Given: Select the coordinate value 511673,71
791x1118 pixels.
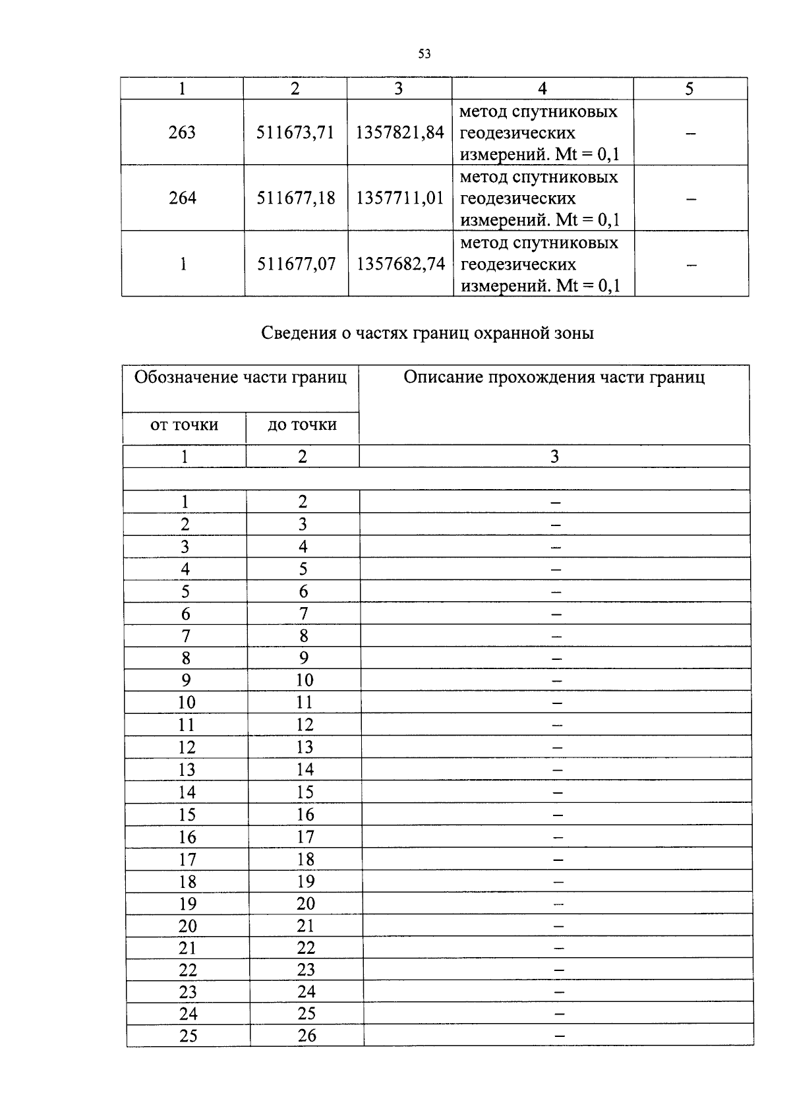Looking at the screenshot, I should (295, 132).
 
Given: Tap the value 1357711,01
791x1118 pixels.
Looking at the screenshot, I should (400, 198).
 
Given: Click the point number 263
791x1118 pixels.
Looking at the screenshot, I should (182, 132).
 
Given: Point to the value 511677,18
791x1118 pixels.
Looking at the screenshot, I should (296, 198).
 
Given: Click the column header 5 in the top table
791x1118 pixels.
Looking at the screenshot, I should (689, 89).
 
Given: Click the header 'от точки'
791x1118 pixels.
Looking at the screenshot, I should (184, 425).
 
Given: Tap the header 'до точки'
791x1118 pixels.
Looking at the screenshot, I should (303, 425).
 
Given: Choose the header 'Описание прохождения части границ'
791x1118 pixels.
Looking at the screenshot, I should (554, 377).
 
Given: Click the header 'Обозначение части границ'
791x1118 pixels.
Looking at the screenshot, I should (241, 377).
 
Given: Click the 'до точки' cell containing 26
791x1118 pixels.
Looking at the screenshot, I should (307, 1036).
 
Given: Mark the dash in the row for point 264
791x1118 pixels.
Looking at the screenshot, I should (691, 198).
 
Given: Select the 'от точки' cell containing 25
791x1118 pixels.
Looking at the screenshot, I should (188, 1036).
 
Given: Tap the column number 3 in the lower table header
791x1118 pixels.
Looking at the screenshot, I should (554, 456).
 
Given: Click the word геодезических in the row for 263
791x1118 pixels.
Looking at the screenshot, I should (517, 132).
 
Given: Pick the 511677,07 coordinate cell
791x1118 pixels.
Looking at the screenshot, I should (296, 264).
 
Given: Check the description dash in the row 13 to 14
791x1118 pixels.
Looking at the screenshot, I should (558, 769).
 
